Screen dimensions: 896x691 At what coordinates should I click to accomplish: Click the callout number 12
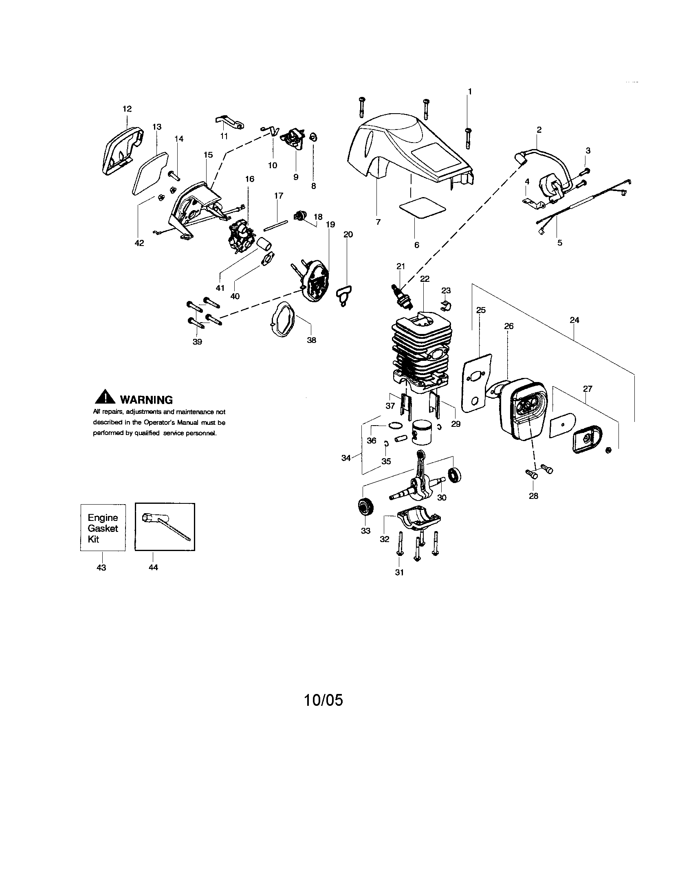127,109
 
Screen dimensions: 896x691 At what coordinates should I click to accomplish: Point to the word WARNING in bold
146,400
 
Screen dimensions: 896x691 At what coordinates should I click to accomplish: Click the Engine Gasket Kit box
103,527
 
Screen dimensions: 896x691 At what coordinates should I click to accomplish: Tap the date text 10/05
323,700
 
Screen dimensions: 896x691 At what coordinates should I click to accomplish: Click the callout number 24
574,320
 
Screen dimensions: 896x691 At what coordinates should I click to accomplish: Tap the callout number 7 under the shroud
378,222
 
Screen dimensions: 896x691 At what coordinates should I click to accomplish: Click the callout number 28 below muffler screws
533,496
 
